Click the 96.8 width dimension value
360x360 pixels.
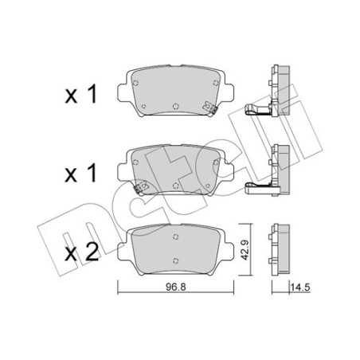coord(176,287)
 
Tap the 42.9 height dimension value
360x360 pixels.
coord(244,250)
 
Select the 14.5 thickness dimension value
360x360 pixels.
coord(300,288)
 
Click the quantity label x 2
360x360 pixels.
coord(82,253)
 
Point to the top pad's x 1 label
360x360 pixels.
coord(81,95)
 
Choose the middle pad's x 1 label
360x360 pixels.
coord(80,174)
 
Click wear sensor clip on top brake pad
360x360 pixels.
coord(210,108)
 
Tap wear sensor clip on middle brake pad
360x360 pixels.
coord(141,187)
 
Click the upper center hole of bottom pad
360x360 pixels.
coord(175,237)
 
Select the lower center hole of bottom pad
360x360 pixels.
coord(175,260)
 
